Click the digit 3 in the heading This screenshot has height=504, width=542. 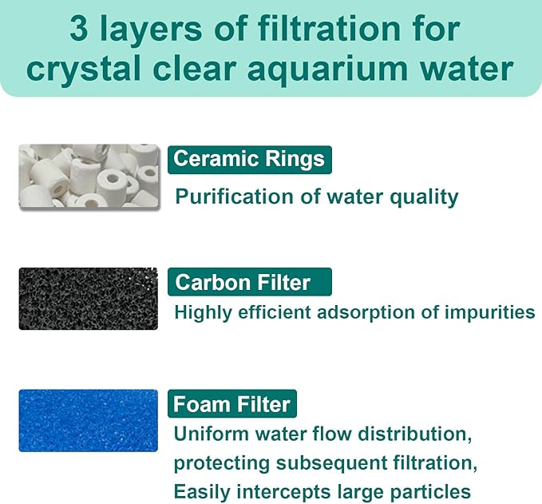tap(79, 30)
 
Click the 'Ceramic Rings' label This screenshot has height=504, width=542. tap(249, 159)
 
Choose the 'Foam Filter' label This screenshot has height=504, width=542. tap(232, 404)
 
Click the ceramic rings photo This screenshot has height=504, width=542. tap(88, 176)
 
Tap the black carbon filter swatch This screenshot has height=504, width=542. tap(88, 299)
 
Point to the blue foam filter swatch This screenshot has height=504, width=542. tap(88, 420)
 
